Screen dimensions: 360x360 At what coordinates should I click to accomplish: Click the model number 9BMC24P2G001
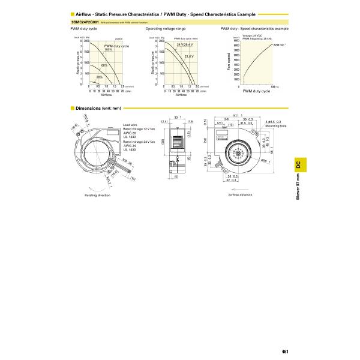(x=84, y=21)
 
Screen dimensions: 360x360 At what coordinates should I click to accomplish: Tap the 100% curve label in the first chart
(x=109, y=49)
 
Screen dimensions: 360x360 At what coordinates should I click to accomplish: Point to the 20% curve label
(x=100, y=77)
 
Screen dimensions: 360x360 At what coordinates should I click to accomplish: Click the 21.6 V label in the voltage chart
(x=188, y=56)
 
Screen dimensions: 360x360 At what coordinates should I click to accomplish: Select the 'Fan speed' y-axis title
(x=228, y=62)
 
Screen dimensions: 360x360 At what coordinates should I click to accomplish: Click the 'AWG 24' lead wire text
(x=130, y=145)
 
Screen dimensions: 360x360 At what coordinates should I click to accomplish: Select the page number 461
(x=286, y=335)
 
